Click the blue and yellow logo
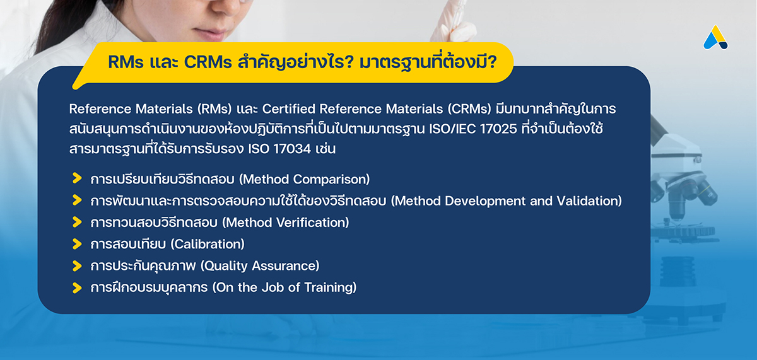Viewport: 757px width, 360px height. (x=715, y=37)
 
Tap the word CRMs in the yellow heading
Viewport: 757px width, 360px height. (x=208, y=62)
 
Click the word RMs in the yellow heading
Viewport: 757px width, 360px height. (x=126, y=62)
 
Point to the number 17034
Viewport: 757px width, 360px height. (x=292, y=149)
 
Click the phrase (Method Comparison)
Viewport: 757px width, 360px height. (x=305, y=179)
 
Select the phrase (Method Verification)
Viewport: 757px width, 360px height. (x=286, y=223)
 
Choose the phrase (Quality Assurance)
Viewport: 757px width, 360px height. (x=260, y=266)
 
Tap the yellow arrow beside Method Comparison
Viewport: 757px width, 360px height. (x=77, y=178)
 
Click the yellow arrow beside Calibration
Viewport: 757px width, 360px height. (x=77, y=243)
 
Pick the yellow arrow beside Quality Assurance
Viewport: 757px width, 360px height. (x=77, y=266)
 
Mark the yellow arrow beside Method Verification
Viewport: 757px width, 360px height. (x=77, y=222)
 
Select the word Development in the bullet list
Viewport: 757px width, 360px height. (x=485, y=201)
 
